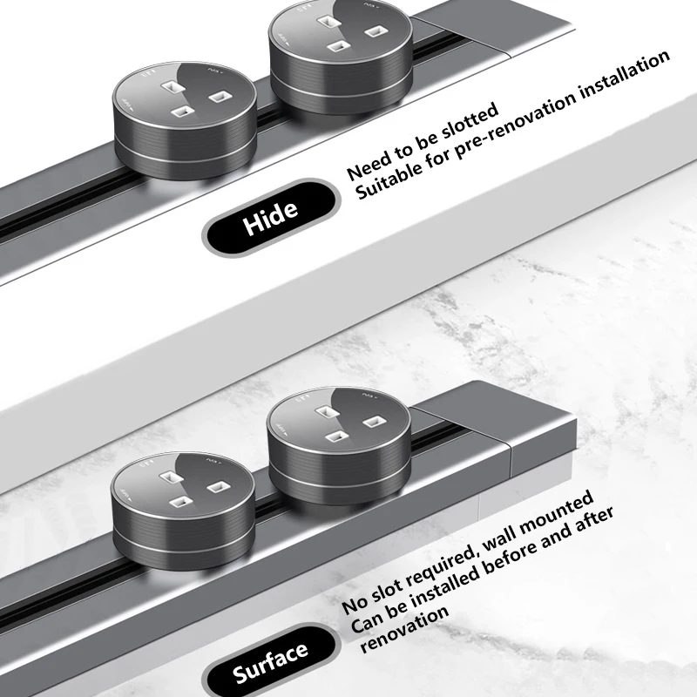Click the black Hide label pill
[271, 217]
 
